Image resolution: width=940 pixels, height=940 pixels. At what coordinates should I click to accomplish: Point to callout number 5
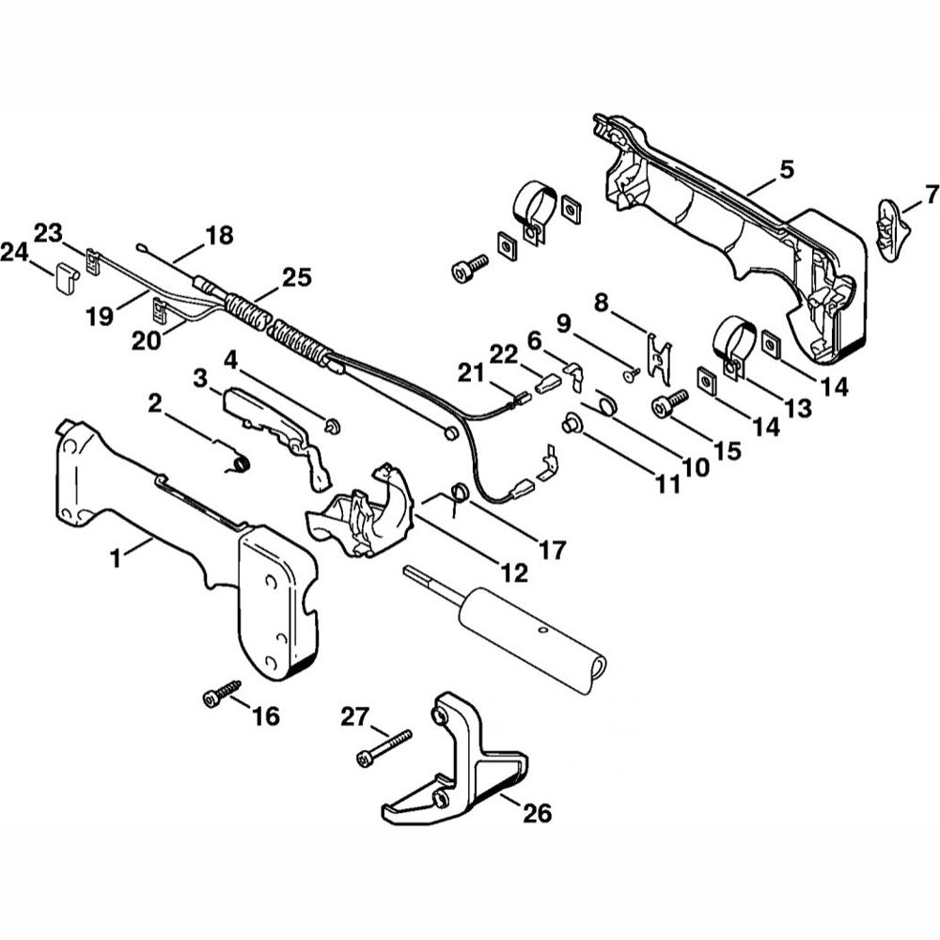787,169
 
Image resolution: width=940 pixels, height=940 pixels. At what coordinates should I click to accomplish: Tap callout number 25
297,278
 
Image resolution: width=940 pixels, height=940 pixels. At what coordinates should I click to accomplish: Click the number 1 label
116,557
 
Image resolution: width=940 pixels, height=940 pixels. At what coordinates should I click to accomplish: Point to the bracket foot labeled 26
461,761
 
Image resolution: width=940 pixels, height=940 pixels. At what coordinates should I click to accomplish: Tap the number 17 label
552,550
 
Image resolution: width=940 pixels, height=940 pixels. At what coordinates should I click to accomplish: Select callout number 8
603,302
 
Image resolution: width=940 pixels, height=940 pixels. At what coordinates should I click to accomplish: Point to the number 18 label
219,235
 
